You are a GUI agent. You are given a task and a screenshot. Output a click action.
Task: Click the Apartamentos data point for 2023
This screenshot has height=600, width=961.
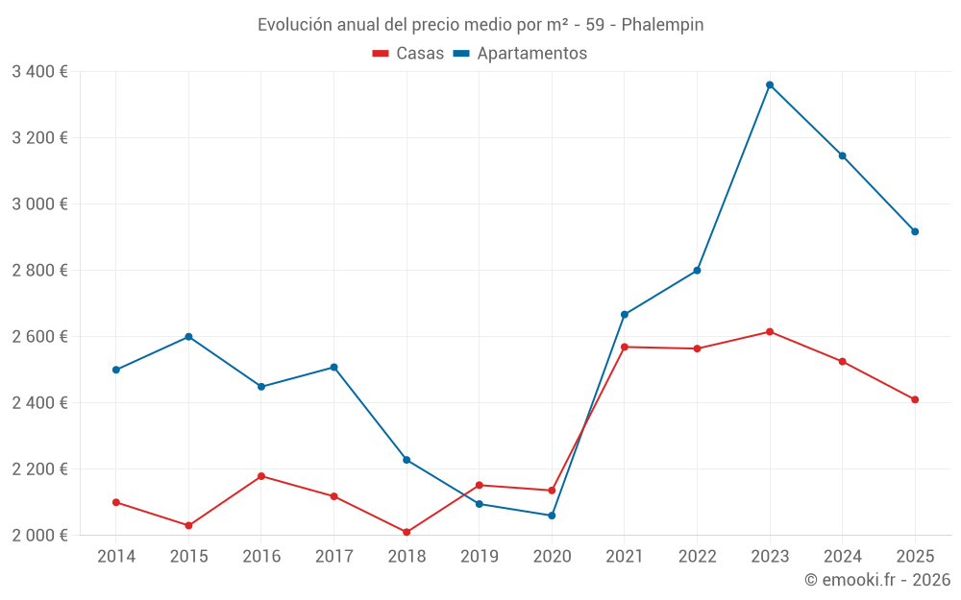(770, 84)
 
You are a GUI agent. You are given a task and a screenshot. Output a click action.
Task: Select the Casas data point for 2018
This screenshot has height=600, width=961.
(407, 532)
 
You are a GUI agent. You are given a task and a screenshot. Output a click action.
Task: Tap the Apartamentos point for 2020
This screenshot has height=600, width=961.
(552, 516)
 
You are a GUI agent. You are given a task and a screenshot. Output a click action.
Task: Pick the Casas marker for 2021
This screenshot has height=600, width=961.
(625, 347)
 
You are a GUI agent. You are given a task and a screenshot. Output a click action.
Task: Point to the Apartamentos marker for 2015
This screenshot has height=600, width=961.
(188, 337)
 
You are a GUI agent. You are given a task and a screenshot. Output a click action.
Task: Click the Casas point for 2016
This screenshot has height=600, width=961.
(261, 476)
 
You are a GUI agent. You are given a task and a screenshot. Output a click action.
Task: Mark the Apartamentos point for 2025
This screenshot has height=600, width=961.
(915, 231)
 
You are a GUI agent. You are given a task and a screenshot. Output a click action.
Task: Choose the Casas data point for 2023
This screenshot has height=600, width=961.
(770, 332)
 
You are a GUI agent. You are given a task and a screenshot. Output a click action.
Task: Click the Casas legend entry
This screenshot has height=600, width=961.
(408, 54)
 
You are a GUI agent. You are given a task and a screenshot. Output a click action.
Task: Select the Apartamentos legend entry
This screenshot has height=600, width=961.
(520, 54)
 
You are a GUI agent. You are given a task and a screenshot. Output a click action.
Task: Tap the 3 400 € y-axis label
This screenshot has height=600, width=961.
(39, 71)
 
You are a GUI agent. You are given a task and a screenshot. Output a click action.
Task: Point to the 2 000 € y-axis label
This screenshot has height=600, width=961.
(39, 535)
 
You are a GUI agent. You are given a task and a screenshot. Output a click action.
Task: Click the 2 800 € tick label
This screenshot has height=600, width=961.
(39, 270)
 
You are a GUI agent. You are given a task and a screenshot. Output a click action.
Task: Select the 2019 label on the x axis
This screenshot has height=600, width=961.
(480, 556)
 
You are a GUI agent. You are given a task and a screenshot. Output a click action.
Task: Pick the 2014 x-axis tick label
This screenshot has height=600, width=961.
(116, 556)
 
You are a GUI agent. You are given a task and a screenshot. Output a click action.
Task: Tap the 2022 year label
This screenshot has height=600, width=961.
(697, 556)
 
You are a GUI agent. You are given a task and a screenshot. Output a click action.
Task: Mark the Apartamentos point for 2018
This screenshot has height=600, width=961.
(407, 460)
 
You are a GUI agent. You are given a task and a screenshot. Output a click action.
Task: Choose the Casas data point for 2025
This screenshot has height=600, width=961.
(915, 399)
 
